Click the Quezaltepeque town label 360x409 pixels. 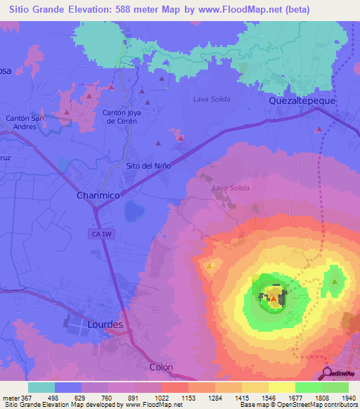tap(302, 101)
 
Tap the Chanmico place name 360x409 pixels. tap(97, 196)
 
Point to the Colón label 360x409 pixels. tap(161, 367)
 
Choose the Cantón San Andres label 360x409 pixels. tap(25, 123)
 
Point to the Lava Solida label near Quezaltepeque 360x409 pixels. tap(211, 99)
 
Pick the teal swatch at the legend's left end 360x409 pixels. tap(41, 387)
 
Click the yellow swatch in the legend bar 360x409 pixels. tap(282, 387)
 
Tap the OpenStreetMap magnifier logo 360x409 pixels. tap(328, 373)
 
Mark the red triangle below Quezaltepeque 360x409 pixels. tap(319, 129)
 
